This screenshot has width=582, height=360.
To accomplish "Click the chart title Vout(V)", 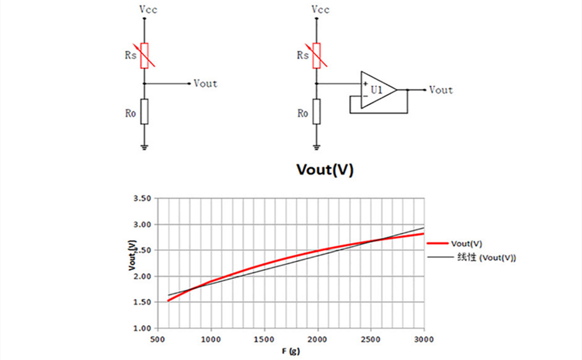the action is click(325, 169).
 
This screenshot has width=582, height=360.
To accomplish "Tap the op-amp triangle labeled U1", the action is click(379, 90).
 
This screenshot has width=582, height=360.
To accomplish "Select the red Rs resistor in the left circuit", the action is click(145, 56).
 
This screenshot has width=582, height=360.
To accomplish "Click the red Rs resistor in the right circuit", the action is click(317, 56).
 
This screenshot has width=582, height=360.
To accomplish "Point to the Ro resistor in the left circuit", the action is click(145, 112).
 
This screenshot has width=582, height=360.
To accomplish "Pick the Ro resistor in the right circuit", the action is click(317, 112).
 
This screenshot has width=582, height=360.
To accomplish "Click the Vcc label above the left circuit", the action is click(148, 9).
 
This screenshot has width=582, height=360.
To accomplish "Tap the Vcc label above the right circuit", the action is click(320, 9).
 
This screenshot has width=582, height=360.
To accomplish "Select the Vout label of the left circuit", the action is click(205, 83).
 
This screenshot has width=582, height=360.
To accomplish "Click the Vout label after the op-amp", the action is click(441, 90).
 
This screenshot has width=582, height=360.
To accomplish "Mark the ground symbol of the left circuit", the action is click(145, 148).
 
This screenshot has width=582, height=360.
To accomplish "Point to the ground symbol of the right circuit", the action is click(317, 148).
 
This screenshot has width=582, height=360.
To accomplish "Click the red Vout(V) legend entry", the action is click(455, 244).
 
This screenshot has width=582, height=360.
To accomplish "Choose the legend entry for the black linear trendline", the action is click(472, 257).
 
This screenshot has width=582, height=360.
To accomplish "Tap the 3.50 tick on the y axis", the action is click(142, 199).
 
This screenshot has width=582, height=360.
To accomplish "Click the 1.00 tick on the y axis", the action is click(142, 328).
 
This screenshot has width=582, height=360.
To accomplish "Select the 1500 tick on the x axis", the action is click(264, 339).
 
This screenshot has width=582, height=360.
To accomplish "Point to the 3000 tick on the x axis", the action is click(424, 339).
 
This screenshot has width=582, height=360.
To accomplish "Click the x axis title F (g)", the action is click(290, 351).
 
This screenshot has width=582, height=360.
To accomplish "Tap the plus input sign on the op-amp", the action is click(365, 84).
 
